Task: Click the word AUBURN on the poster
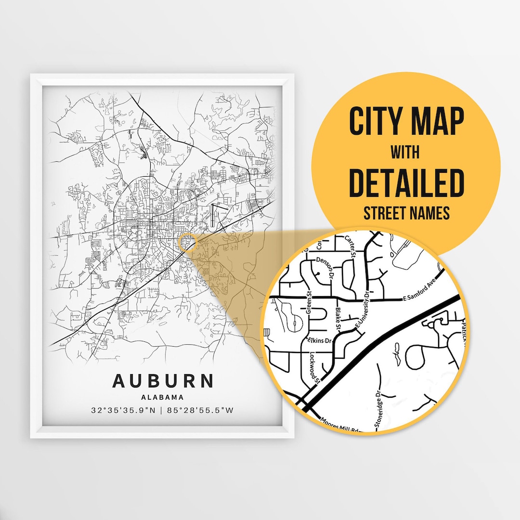[x=163, y=380]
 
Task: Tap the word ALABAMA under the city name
[x=163, y=398]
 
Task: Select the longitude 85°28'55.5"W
[x=201, y=411]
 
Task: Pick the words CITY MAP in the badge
[x=406, y=122]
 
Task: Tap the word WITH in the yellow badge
[x=405, y=153]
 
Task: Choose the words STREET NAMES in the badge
[x=406, y=213]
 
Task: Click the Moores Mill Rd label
[x=343, y=424]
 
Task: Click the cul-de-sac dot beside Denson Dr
[x=318, y=274]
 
